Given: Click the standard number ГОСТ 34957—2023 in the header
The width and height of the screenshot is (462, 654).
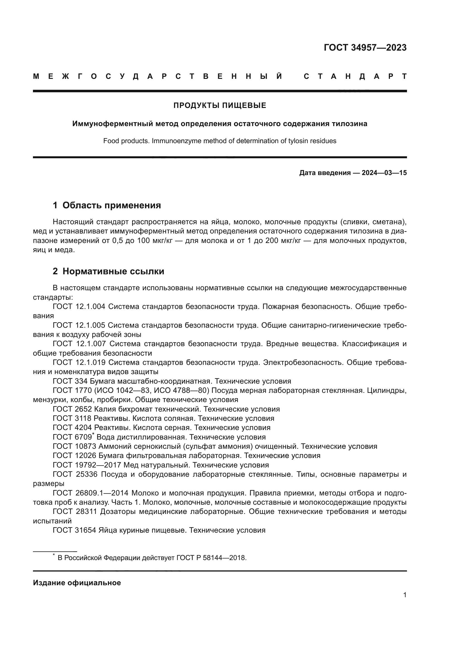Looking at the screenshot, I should (365, 48).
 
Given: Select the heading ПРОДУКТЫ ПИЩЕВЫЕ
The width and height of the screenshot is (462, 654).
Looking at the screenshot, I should (220, 105).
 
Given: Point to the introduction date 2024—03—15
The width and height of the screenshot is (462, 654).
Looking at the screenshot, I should (384, 173).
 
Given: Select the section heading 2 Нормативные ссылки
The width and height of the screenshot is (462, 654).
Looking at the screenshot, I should (108, 271).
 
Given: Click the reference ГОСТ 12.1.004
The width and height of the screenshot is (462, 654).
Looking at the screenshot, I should (79, 306).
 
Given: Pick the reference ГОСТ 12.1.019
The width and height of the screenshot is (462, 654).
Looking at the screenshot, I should (79, 362).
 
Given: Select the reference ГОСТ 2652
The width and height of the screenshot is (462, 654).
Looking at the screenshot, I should (72, 409).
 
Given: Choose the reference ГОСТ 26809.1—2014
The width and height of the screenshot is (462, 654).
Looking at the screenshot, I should (91, 493).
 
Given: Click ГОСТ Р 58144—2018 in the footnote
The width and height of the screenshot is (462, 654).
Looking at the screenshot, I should (211, 558).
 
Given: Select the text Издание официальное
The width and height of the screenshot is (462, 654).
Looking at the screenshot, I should (77, 583).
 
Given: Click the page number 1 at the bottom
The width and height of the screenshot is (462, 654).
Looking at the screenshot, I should (404, 595).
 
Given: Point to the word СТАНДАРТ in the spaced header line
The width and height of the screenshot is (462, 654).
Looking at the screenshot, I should (355, 76).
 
